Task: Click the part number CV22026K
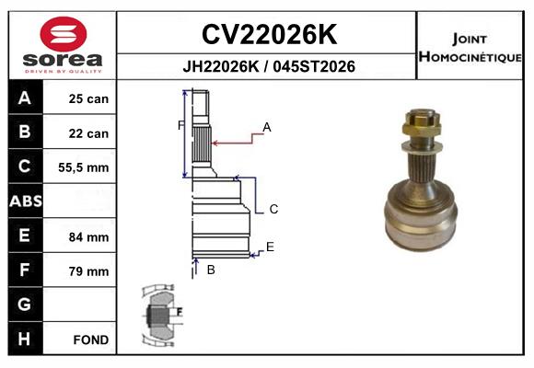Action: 269,35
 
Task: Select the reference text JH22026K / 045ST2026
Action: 269,67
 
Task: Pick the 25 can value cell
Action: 88,98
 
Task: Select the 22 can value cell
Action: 88,133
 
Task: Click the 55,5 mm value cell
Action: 88,167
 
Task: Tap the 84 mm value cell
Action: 88,236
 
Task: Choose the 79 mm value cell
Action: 88,271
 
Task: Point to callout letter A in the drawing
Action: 267,127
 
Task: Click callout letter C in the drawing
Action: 273,210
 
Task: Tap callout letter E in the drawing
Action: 270,247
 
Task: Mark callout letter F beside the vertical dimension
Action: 180,125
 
